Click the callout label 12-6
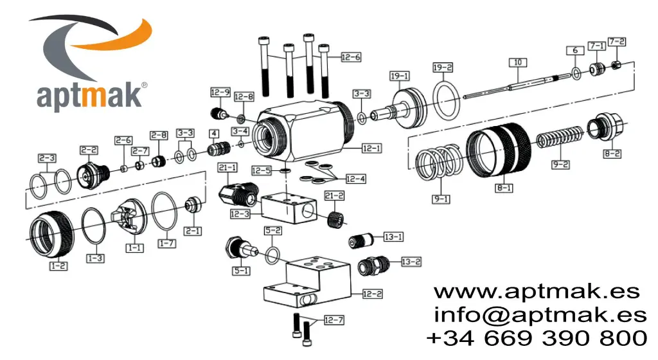click(x=350, y=57)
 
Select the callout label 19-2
click(x=443, y=67)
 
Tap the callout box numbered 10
click(x=518, y=62)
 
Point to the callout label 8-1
click(x=503, y=188)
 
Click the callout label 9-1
click(x=441, y=199)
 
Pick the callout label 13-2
click(x=411, y=262)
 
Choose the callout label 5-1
click(x=241, y=271)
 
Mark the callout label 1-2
click(x=59, y=264)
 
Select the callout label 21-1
click(x=227, y=168)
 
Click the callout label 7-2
click(x=617, y=42)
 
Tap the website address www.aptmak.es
click(x=537, y=291)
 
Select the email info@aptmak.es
click(x=540, y=314)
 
